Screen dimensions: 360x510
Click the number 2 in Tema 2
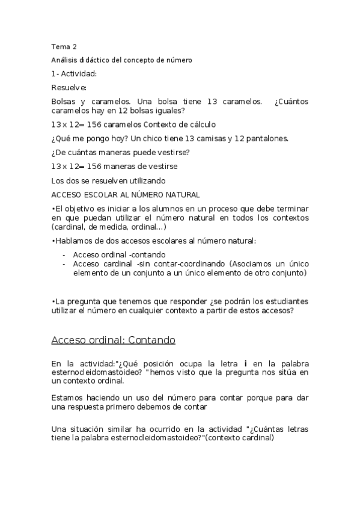74,46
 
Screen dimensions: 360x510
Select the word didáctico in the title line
90,60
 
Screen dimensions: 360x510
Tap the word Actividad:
78,74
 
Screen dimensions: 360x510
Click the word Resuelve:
70,88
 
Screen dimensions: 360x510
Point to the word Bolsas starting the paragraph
64,102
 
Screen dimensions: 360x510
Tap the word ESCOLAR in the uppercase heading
102,194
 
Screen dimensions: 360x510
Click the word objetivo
78,208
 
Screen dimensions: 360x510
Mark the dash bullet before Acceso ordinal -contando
64,255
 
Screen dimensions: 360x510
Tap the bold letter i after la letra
245,364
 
